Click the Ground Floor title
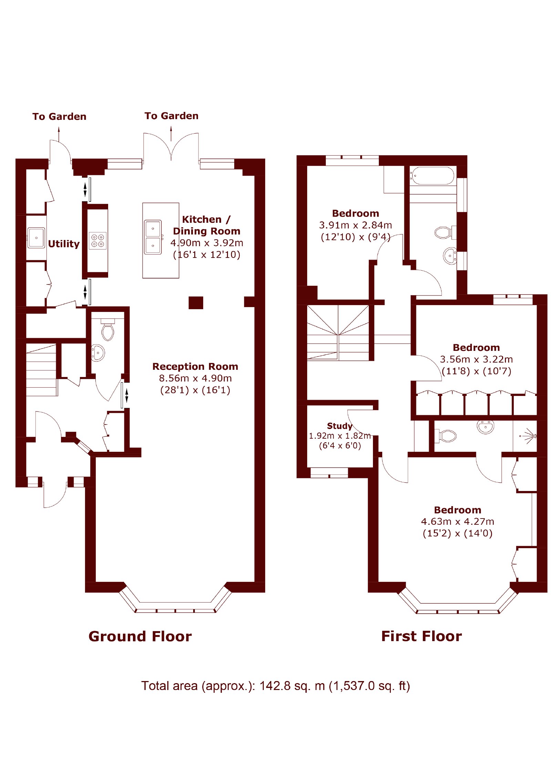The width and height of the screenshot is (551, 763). [140, 636]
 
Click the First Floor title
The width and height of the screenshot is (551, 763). [421, 636]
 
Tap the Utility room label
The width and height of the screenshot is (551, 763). [64, 243]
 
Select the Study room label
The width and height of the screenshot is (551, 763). [339, 426]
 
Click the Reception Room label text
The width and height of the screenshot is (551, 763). [195, 366]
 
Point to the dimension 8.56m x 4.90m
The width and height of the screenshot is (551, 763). [195, 378]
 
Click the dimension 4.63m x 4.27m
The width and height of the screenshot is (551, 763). [457, 521]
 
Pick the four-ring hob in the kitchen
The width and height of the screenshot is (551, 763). [97, 241]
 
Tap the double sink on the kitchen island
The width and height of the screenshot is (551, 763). [153, 237]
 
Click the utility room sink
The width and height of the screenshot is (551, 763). [36, 238]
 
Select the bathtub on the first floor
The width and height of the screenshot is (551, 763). [432, 176]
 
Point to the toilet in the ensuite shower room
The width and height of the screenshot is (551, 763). [446, 436]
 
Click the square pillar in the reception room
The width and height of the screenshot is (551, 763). [196, 303]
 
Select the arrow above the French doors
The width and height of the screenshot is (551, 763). [171, 134]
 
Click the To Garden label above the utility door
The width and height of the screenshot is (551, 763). [59, 116]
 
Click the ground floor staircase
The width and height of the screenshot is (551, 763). [41, 370]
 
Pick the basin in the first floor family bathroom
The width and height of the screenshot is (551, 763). [450, 256]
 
